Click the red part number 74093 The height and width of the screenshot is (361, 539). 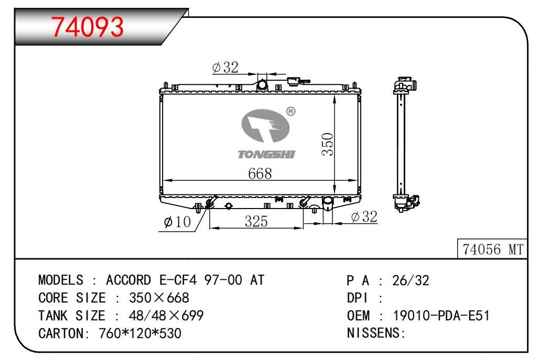tap(88, 27)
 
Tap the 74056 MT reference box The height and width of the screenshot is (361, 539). tap(492, 249)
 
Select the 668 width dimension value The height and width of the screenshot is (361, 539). tap(260, 173)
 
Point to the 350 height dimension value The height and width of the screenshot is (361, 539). tap(328, 144)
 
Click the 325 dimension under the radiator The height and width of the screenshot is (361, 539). tap(256, 221)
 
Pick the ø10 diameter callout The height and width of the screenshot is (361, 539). tap(177, 222)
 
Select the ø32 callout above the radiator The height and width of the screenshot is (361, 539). tap(225, 67)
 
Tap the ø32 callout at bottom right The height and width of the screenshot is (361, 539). tap(364, 217)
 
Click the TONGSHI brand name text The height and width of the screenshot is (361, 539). tap(266, 155)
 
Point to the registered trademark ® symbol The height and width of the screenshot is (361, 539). tap(291, 111)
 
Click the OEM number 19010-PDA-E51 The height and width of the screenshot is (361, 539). tap(441, 315)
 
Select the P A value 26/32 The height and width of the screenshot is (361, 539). tap(411, 281)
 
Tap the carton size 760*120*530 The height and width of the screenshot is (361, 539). tap(140, 333)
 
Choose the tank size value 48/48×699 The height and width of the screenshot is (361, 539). tap(166, 315)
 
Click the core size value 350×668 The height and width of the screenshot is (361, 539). tap(159, 298)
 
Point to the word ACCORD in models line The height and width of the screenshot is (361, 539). tap(128, 280)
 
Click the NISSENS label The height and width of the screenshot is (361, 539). tap(376, 333)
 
